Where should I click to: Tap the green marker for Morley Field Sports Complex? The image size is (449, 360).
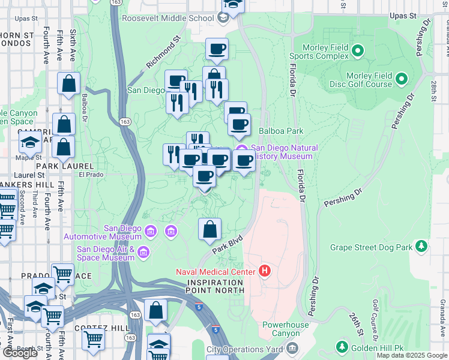pyautogui.click(x=358, y=50)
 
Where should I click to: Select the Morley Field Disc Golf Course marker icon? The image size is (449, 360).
pyautogui.click(x=402, y=79)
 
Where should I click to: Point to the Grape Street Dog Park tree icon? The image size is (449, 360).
pyautogui.click(x=422, y=246)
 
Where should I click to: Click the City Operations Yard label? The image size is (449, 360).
pyautogui.click(x=245, y=349)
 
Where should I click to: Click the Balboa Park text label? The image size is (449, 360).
pyautogui.click(x=281, y=131)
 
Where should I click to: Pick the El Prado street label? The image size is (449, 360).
pyautogui.click(x=91, y=175)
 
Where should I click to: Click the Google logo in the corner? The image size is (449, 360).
pyautogui.click(x=20, y=353)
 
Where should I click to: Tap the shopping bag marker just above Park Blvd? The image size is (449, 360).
pyautogui.click(x=209, y=230)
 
